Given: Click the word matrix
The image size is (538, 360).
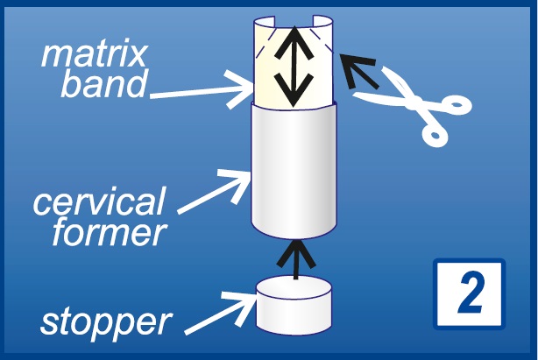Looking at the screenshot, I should tap(95, 55).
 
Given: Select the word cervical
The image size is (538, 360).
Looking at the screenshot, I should tap(98, 202).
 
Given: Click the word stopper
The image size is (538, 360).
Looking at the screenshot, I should tap(105, 321).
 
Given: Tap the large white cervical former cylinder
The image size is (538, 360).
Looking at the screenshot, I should tap(294, 171).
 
